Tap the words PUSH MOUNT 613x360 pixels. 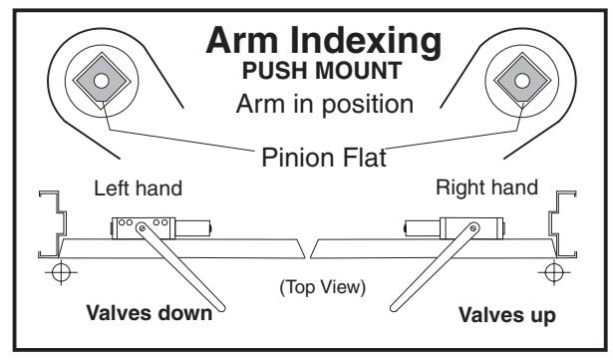(322, 71)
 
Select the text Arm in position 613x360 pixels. (325, 104)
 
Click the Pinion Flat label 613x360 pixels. (324, 158)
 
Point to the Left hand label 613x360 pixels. (138, 188)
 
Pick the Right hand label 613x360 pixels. (486, 187)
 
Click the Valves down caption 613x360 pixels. (149, 313)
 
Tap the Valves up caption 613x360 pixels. (507, 315)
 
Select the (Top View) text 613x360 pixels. (323, 287)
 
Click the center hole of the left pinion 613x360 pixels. (102, 81)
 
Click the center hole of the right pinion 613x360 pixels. (522, 81)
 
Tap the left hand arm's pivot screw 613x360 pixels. (142, 227)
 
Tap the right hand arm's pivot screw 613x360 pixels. (473, 227)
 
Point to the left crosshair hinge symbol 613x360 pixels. (61, 271)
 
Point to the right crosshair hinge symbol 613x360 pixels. (553, 271)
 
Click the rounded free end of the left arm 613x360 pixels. (220, 307)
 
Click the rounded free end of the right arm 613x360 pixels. (395, 307)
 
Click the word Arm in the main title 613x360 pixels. (242, 40)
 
